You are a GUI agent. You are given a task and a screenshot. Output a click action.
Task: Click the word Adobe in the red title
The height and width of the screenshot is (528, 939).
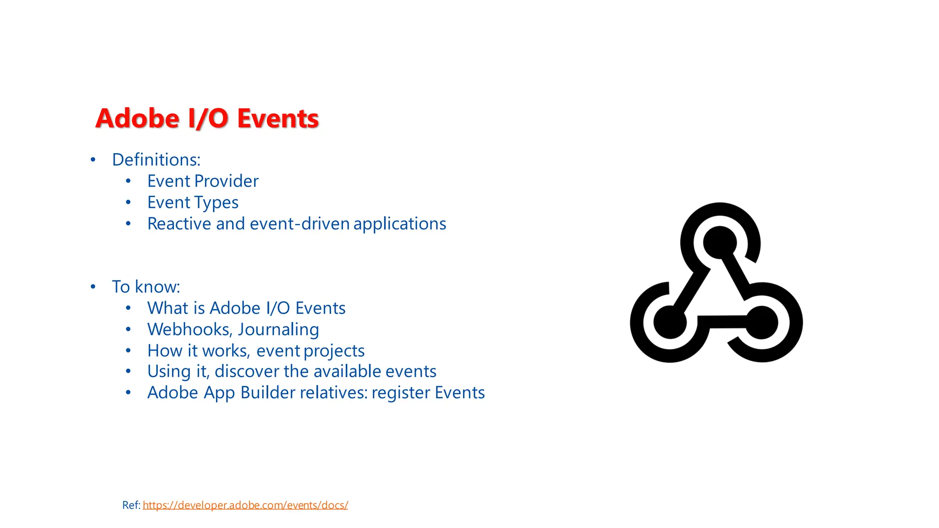coord(137,118)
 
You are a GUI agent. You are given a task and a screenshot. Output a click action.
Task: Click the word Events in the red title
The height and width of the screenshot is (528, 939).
coord(277,118)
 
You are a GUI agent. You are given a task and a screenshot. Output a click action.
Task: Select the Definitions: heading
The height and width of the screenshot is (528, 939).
coord(156,160)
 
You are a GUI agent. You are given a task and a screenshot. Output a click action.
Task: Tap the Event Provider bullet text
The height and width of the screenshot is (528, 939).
coord(203,181)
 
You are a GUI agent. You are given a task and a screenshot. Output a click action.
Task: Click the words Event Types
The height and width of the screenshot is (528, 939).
coord(193,203)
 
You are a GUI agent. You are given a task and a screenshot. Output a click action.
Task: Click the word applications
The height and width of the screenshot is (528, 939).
coord(399,224)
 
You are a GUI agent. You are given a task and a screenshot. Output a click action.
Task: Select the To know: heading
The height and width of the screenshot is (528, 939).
coord(146,287)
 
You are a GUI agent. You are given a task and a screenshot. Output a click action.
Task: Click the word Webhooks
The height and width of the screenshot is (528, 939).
coord(188,330)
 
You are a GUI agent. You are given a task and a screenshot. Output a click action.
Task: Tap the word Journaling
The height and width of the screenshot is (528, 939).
coord(278,330)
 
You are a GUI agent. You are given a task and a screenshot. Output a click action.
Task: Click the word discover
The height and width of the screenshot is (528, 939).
coord(246,371)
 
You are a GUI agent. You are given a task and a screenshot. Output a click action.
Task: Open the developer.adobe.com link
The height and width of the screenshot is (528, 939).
coord(245,505)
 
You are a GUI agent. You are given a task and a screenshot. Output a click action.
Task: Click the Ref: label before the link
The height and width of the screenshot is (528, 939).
coord(131,505)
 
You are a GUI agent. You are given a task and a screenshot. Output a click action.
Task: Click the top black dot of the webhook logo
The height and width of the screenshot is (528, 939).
coord(719,242)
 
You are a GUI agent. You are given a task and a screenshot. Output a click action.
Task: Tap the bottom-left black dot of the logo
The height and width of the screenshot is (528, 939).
coord(670,322)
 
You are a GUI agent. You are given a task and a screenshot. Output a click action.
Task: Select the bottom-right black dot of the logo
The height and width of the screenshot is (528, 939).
coord(761,322)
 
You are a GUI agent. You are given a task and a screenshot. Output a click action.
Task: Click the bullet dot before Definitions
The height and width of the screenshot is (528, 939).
coord(93,160)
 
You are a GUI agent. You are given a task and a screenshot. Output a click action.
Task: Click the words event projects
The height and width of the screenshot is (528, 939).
coord(310,351)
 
